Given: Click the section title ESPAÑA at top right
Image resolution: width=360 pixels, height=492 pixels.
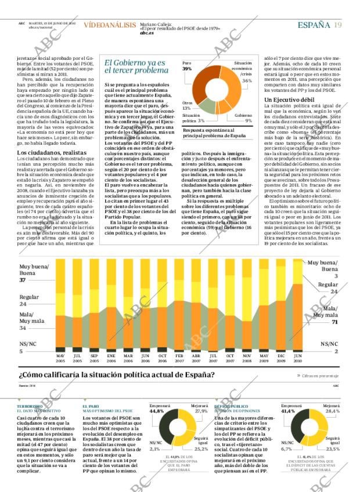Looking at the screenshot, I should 314,25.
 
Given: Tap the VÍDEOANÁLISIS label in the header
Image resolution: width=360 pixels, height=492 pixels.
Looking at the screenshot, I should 109,25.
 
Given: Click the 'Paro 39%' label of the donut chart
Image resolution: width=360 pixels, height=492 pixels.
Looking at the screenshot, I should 187,66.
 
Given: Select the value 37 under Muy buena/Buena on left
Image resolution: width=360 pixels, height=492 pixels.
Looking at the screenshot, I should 23,280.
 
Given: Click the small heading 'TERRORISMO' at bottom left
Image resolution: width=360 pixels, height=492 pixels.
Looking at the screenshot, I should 30,406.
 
